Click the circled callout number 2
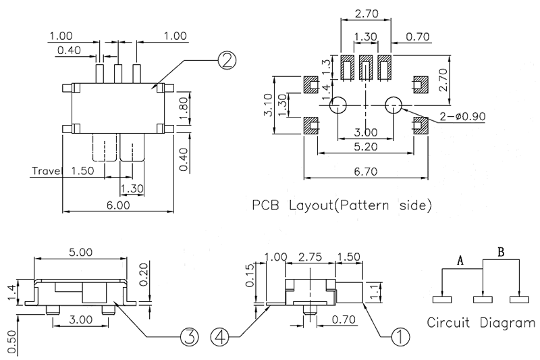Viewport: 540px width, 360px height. (x=227, y=61)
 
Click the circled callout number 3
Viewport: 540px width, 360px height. (x=189, y=336)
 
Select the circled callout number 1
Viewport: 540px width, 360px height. (x=400, y=336)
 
